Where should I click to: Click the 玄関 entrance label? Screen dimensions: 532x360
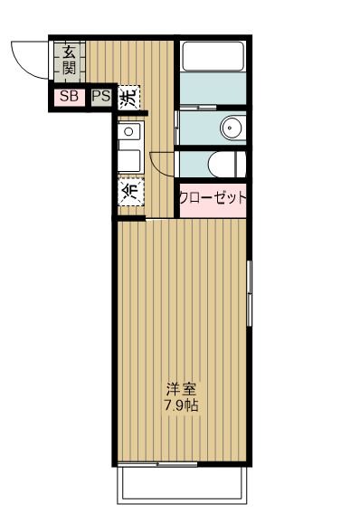69,60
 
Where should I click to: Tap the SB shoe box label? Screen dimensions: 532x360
69,94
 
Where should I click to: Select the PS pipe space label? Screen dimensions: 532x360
100,94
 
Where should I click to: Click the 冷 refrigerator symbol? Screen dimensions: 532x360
131,192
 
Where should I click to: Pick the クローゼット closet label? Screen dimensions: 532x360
213,198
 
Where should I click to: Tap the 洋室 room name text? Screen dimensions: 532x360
181,389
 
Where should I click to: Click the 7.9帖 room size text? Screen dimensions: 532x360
181,405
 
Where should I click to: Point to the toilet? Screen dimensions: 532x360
226,163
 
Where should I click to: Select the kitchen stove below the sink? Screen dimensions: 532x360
128,162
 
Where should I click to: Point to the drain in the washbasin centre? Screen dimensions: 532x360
232,128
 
